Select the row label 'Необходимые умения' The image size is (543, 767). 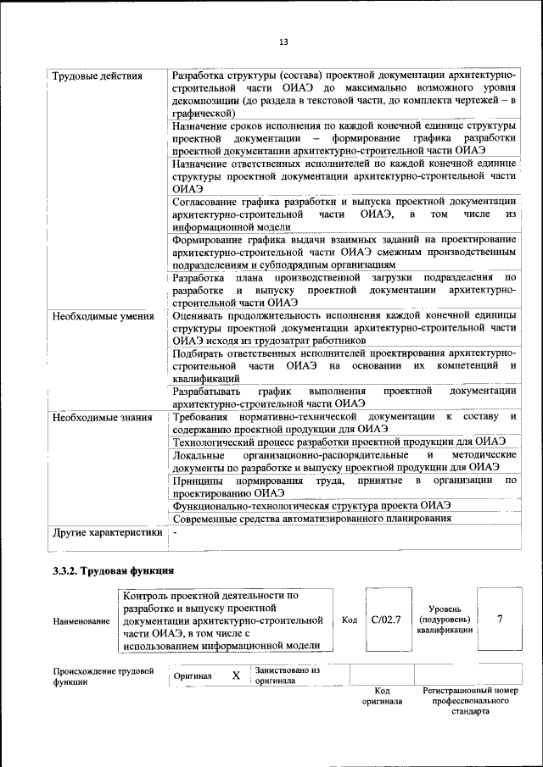click(103, 317)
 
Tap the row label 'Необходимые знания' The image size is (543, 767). click(102, 417)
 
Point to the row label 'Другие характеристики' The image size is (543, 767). click(107, 533)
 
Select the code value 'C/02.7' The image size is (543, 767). click(386, 620)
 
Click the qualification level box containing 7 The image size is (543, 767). click(500, 620)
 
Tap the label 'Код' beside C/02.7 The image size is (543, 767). click(349, 620)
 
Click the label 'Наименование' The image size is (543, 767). click(81, 621)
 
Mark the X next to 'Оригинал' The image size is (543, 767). click(236, 675)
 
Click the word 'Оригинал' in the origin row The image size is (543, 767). click(193, 676)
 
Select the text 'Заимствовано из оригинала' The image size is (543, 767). click(287, 675)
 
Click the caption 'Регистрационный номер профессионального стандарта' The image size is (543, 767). click(470, 702)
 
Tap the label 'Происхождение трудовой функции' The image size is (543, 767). click(103, 675)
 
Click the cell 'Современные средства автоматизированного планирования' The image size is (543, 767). click(311, 518)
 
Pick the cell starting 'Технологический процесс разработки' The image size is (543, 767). click(339, 442)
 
